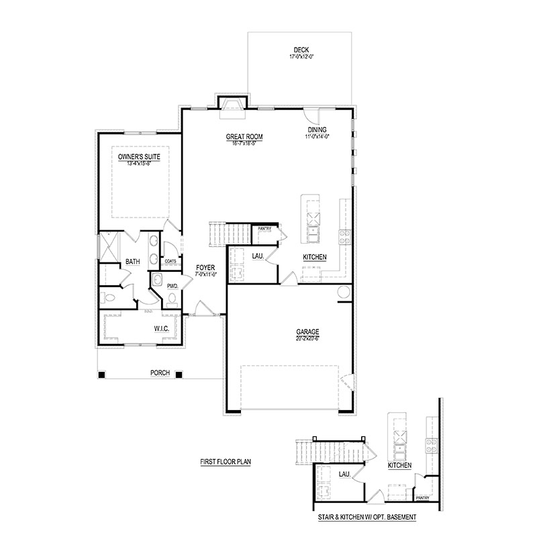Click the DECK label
coord(301,50)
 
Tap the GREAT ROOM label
coord(244,137)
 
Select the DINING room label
coord(318,130)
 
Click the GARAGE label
coord(308,332)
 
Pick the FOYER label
coord(205,268)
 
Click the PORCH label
coord(160,373)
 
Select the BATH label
coord(132,262)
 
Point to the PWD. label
coord(173,286)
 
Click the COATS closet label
coord(171,261)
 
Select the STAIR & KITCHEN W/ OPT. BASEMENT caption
coord(367,518)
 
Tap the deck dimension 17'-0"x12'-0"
coord(301,57)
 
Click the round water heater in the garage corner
coord(344,292)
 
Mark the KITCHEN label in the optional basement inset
coord(399,465)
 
